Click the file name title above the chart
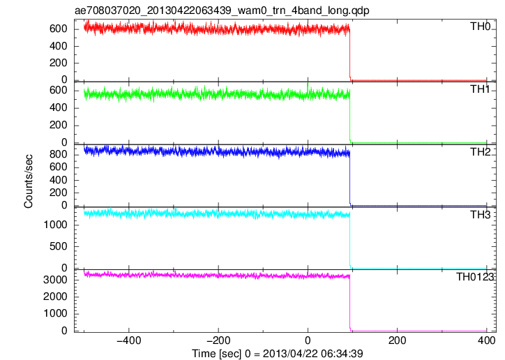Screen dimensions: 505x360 pyautogui.click(x=222, y=10)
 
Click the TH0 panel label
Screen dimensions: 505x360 pyautogui.click(x=480, y=27)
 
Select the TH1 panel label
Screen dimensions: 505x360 pyautogui.click(x=480, y=89)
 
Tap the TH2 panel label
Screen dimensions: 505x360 pyautogui.click(x=480, y=152)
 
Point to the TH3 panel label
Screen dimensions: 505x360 pyautogui.click(x=480, y=215)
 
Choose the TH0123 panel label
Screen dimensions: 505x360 pyautogui.click(x=475, y=277)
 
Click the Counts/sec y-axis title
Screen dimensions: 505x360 pyautogui.click(x=29, y=181)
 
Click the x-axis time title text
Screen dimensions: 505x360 pyautogui.click(x=278, y=353)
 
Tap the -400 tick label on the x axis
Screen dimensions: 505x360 pyautogui.click(x=129, y=340)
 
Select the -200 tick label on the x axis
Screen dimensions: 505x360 pyautogui.click(x=218, y=340)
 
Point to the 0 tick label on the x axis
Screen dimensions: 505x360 pyautogui.click(x=308, y=340)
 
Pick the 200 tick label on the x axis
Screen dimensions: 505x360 pyautogui.click(x=397, y=340)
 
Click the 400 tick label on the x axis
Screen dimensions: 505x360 pyautogui.click(x=486, y=340)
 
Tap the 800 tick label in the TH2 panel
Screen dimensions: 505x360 pyautogui.click(x=59, y=155)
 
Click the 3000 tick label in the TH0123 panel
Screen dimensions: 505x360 pyautogui.click(x=55, y=280)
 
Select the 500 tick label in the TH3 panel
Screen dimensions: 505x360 pyautogui.click(x=59, y=246)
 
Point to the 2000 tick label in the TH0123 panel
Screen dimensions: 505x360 pyautogui.click(x=55, y=297)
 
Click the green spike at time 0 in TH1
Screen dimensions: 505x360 pyautogui.click(x=308, y=87)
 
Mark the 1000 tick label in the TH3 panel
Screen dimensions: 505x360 pyautogui.click(x=55, y=225)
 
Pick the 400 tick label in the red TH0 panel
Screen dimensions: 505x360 pyautogui.click(x=59, y=46)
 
